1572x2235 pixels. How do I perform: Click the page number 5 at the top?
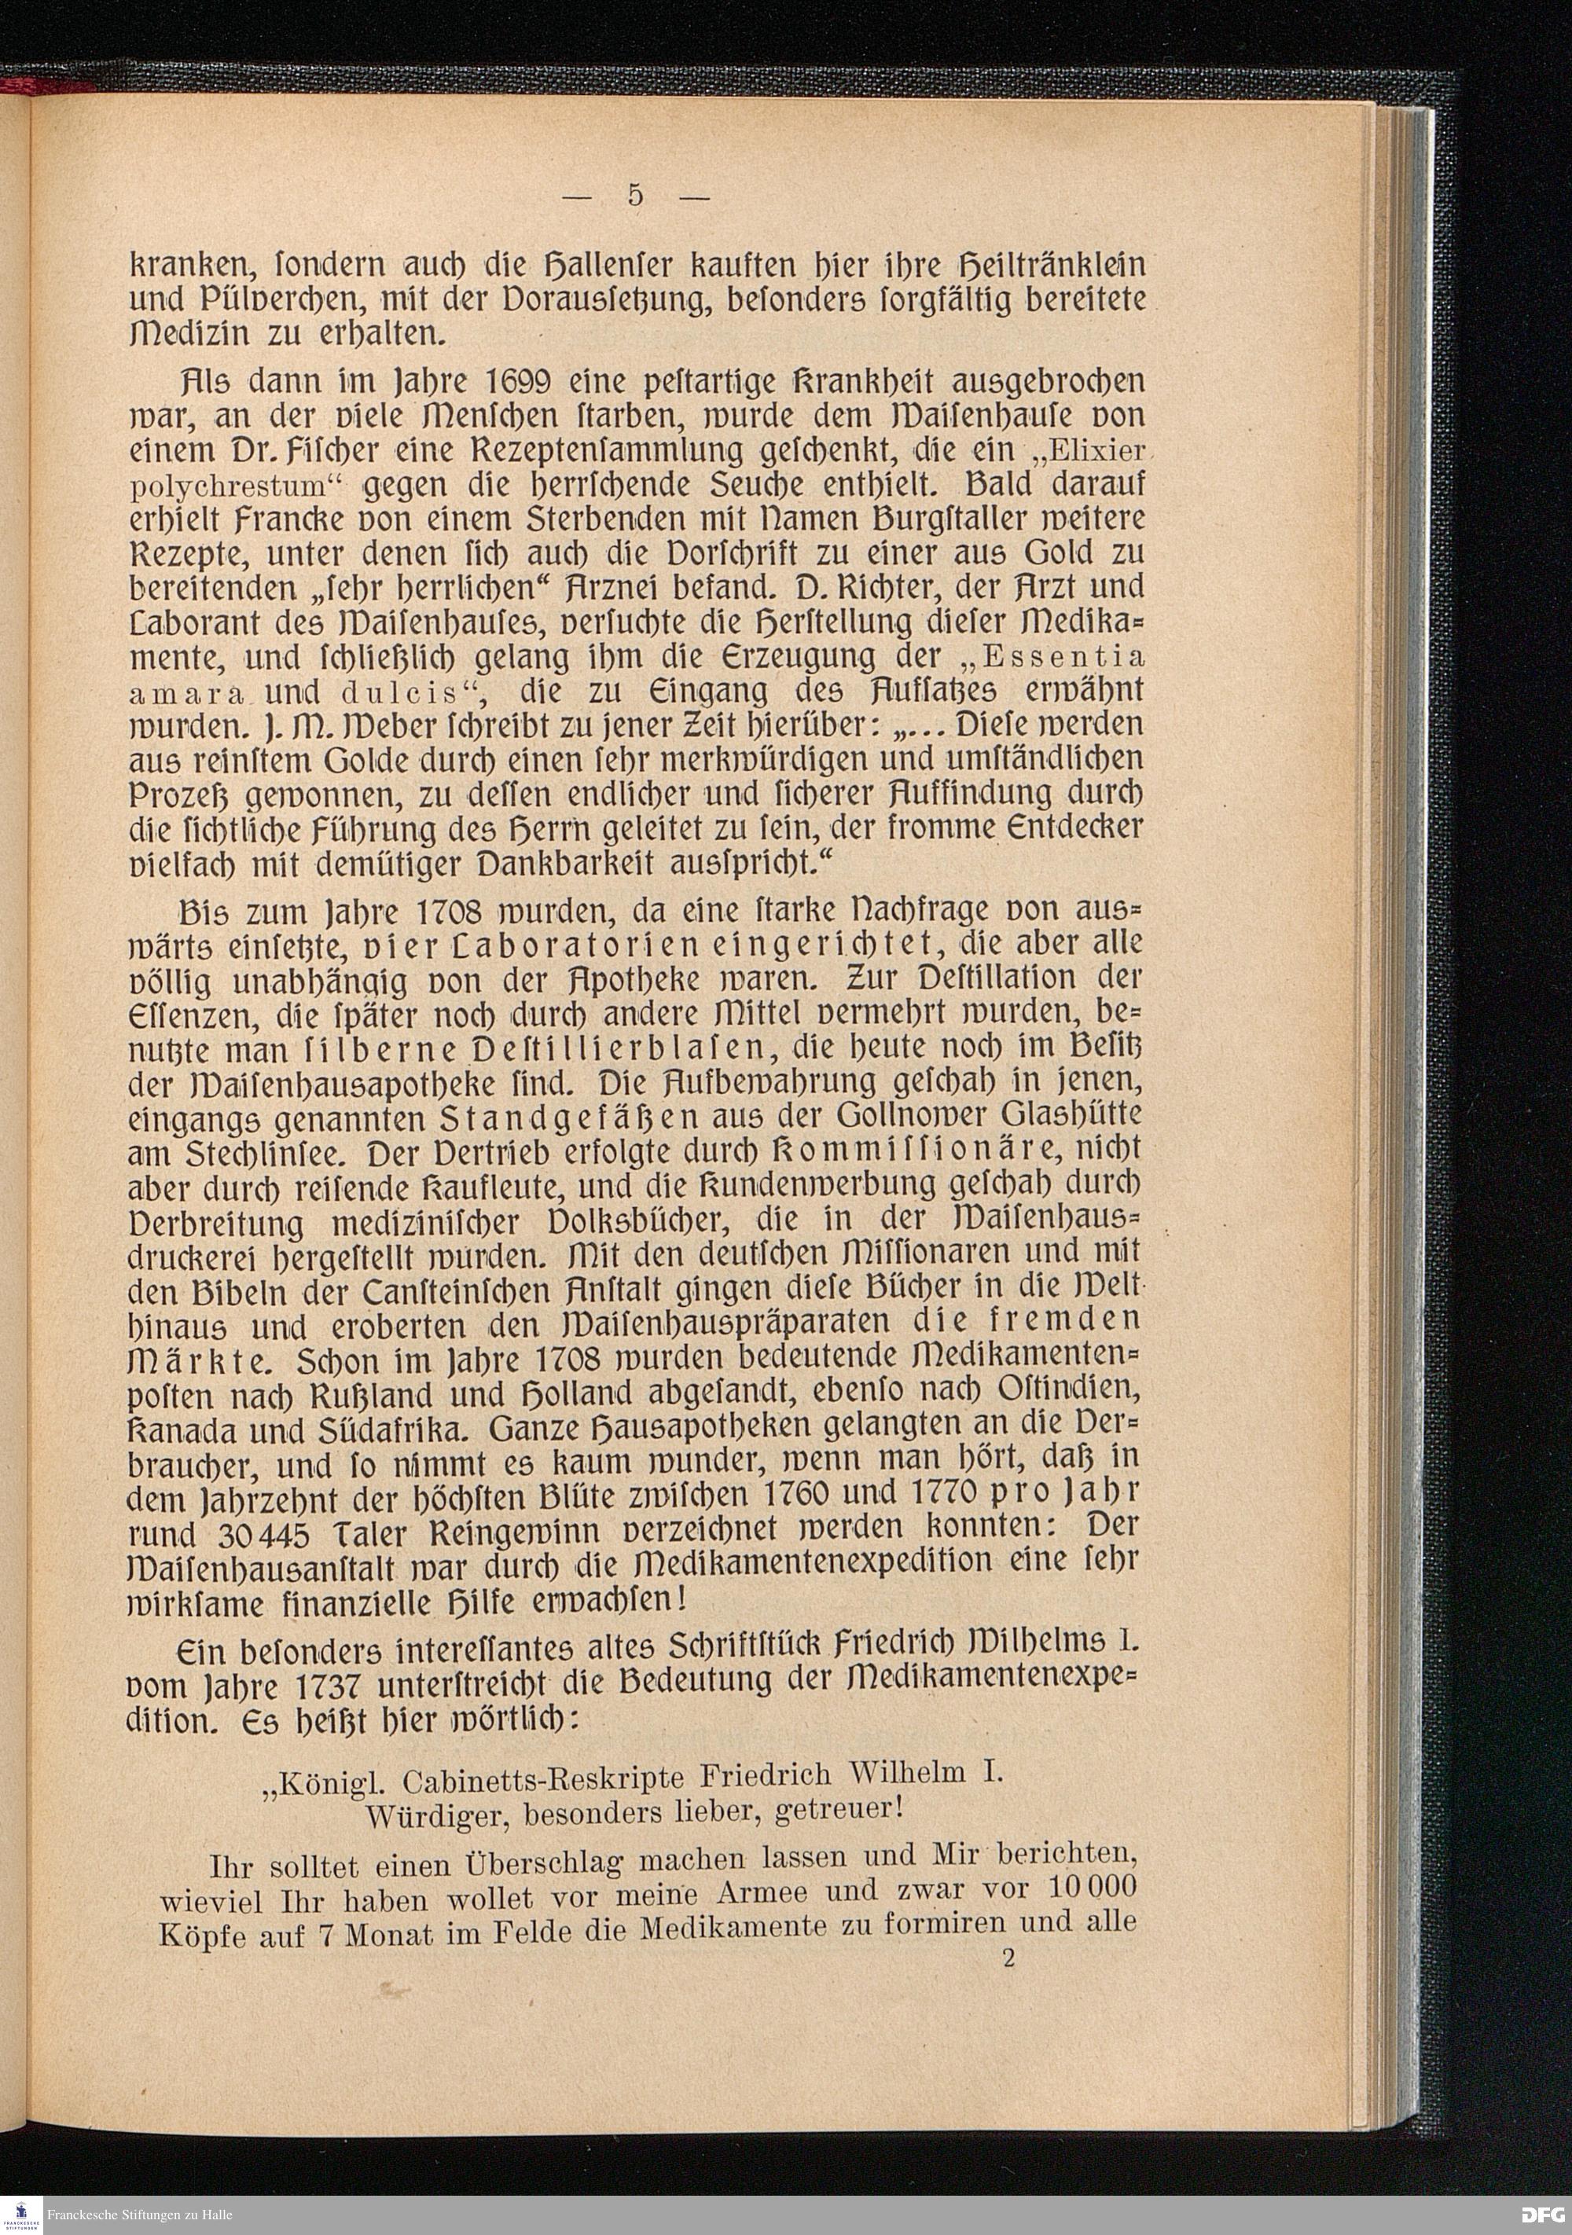coord(634,196)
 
